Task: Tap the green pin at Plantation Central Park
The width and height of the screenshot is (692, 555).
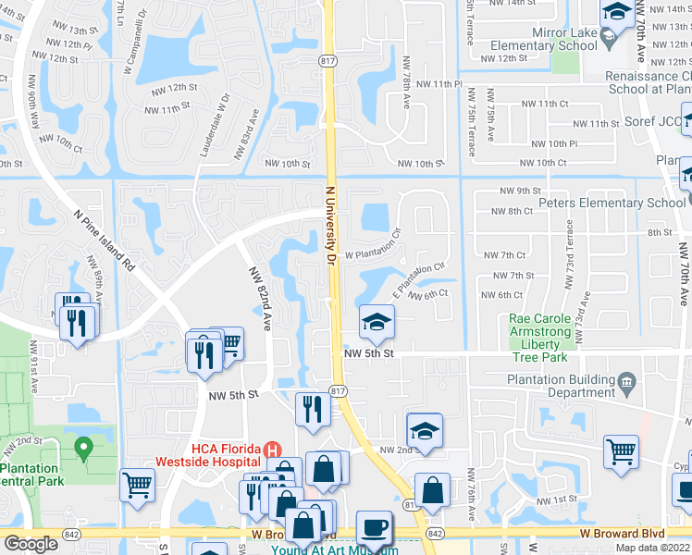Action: pos(83,450)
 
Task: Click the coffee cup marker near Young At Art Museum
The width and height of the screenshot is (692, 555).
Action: pos(374,527)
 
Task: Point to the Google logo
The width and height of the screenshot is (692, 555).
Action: pos(31,544)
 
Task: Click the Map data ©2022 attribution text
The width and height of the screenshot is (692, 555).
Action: pos(651,548)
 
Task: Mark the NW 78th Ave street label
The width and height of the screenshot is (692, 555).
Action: pos(406,81)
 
